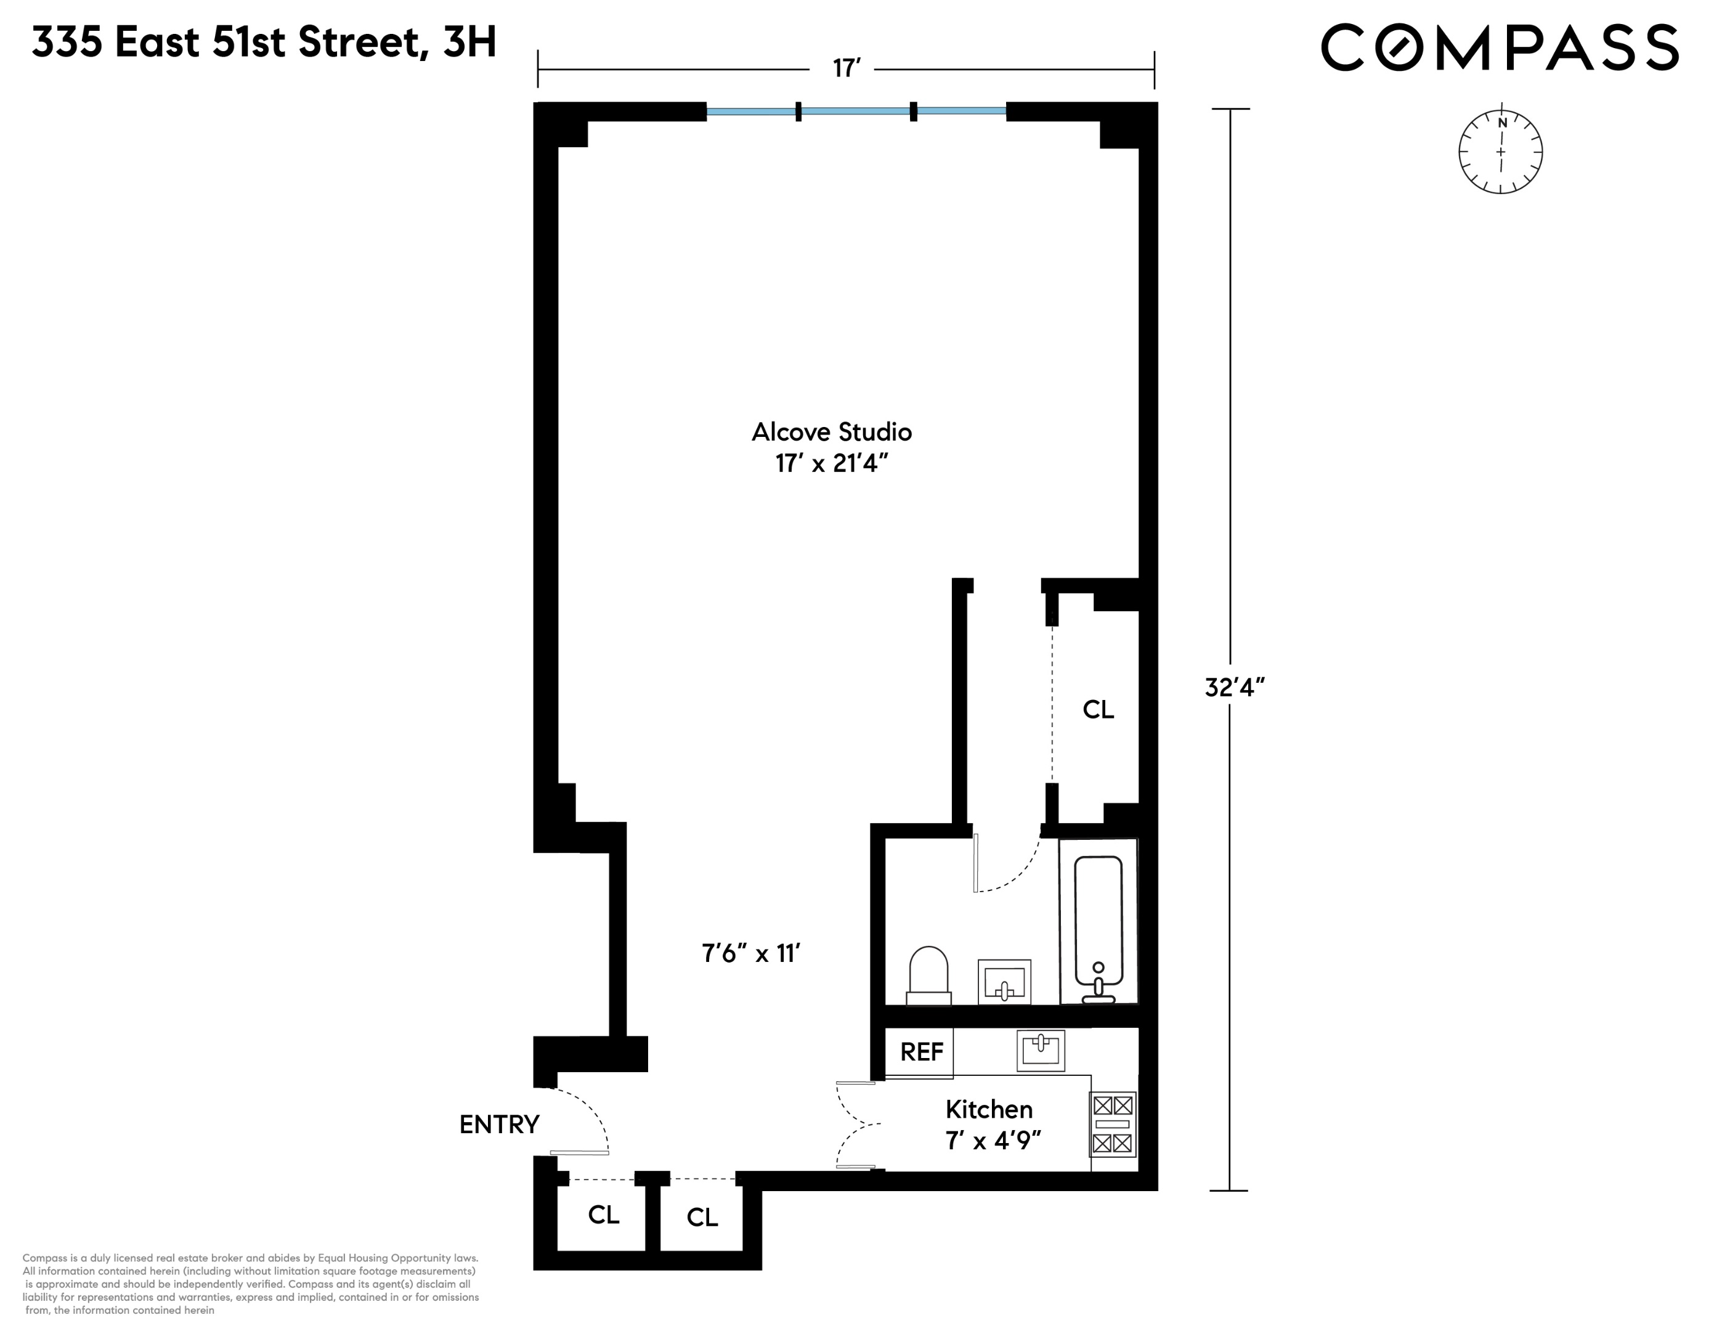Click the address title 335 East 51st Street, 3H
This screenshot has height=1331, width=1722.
[264, 43]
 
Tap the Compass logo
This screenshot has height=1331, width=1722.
[1500, 47]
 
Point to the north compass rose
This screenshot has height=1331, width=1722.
[1500, 152]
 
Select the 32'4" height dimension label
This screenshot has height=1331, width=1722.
[1235, 688]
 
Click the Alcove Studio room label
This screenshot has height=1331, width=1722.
[831, 432]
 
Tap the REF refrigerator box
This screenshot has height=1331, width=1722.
[921, 1052]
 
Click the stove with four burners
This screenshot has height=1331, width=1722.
[1113, 1123]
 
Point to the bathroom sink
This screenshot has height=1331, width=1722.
[1004, 982]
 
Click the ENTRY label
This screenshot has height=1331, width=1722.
[499, 1125]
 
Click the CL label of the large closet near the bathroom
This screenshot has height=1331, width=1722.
[1097, 710]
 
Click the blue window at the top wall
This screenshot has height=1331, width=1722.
[856, 111]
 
